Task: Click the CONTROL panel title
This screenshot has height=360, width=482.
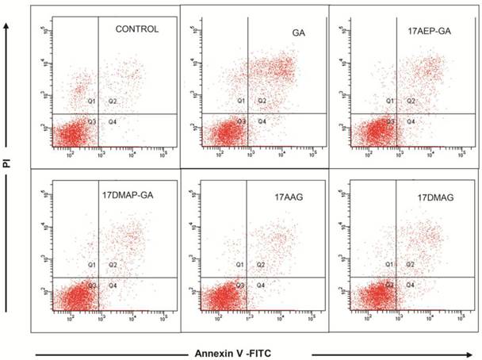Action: tap(137, 29)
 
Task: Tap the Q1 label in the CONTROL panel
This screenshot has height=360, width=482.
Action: tap(91, 101)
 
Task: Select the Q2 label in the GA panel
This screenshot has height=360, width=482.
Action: tap(262, 101)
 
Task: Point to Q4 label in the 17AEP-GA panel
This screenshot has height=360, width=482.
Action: tap(411, 121)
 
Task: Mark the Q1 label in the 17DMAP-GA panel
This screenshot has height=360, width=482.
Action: tap(91, 264)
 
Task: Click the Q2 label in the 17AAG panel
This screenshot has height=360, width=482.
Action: tap(262, 264)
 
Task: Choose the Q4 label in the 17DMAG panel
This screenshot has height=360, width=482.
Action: tap(411, 283)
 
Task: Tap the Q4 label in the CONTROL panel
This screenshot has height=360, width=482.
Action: tap(113, 121)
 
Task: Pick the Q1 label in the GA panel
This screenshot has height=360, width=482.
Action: tap(241, 101)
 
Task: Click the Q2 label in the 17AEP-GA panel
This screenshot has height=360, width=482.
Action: tap(411, 101)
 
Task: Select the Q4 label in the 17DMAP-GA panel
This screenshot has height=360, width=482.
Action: tap(113, 284)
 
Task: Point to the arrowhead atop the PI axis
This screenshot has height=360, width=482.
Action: tap(7, 26)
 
